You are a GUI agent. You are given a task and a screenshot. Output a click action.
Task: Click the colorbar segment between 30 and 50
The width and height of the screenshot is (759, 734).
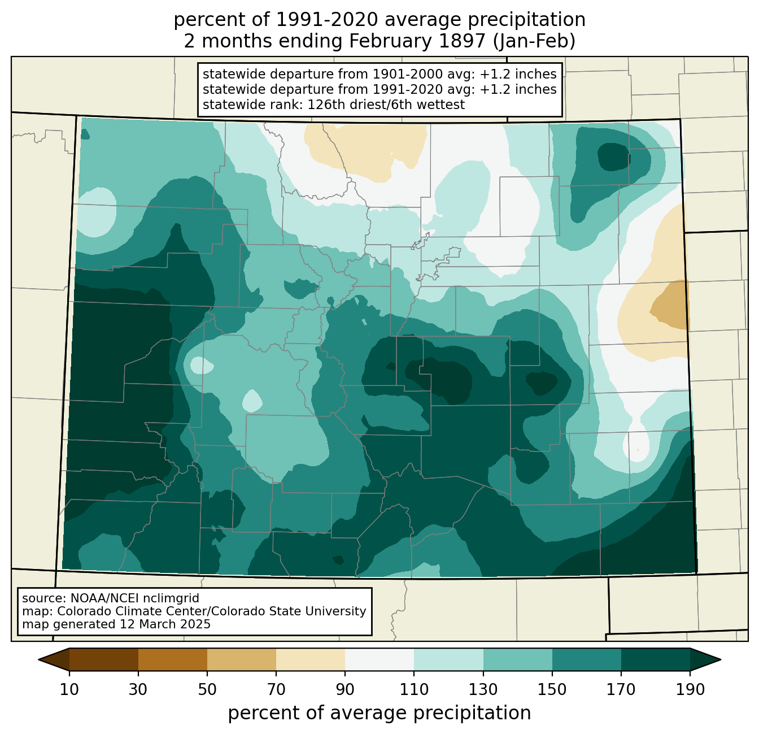point(172,660)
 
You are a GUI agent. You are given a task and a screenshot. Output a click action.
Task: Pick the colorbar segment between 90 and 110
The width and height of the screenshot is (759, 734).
point(380,660)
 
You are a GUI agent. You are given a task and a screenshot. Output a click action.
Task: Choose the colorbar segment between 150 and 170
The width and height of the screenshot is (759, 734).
point(587,660)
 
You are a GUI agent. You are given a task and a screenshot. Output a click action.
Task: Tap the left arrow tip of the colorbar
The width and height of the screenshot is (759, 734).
point(38,660)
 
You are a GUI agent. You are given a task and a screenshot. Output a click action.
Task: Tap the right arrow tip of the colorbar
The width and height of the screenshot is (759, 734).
point(721,660)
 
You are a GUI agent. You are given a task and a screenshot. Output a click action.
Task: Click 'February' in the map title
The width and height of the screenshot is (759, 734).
point(391,42)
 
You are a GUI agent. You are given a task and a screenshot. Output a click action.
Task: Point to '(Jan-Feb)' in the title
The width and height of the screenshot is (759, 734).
point(534,41)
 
